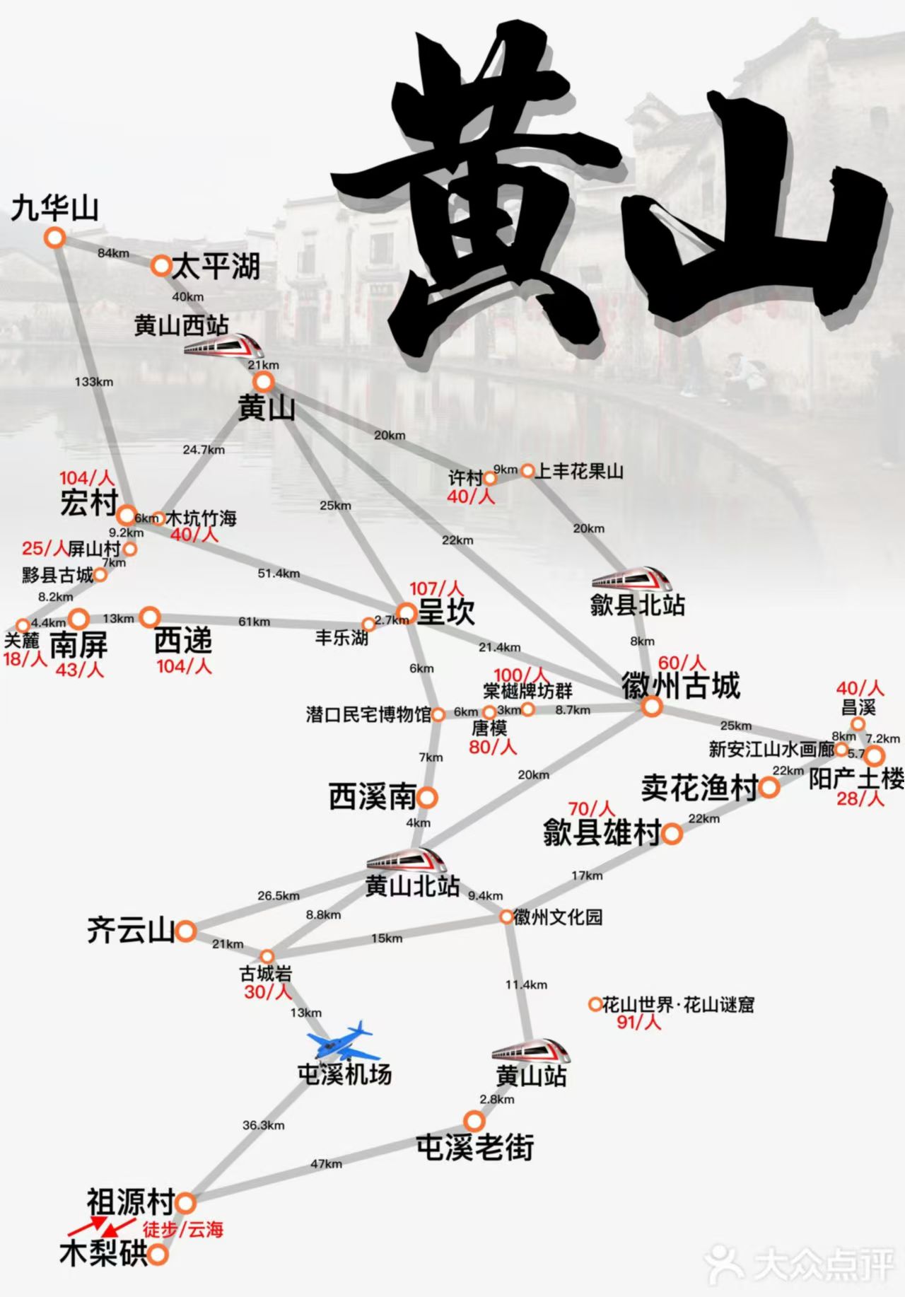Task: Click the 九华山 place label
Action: coord(54,209)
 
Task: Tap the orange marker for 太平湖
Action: coord(161,265)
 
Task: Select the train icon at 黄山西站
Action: coord(222,345)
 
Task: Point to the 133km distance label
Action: coord(94,382)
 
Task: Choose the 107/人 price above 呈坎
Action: coord(436,588)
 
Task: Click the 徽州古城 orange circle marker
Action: coord(652,706)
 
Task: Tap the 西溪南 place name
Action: coord(372,798)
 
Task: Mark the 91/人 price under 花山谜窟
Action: coord(638,1022)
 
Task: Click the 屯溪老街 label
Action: coord(474,1147)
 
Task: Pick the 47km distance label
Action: coord(326,1163)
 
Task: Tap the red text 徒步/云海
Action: coord(183,1230)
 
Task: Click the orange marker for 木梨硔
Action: coord(158,1255)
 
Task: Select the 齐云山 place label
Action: coord(130,930)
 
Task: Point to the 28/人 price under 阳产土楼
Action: coord(860,798)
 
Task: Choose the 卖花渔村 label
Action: coord(699,788)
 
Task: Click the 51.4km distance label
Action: coord(279,574)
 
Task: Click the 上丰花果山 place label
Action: coord(579,471)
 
